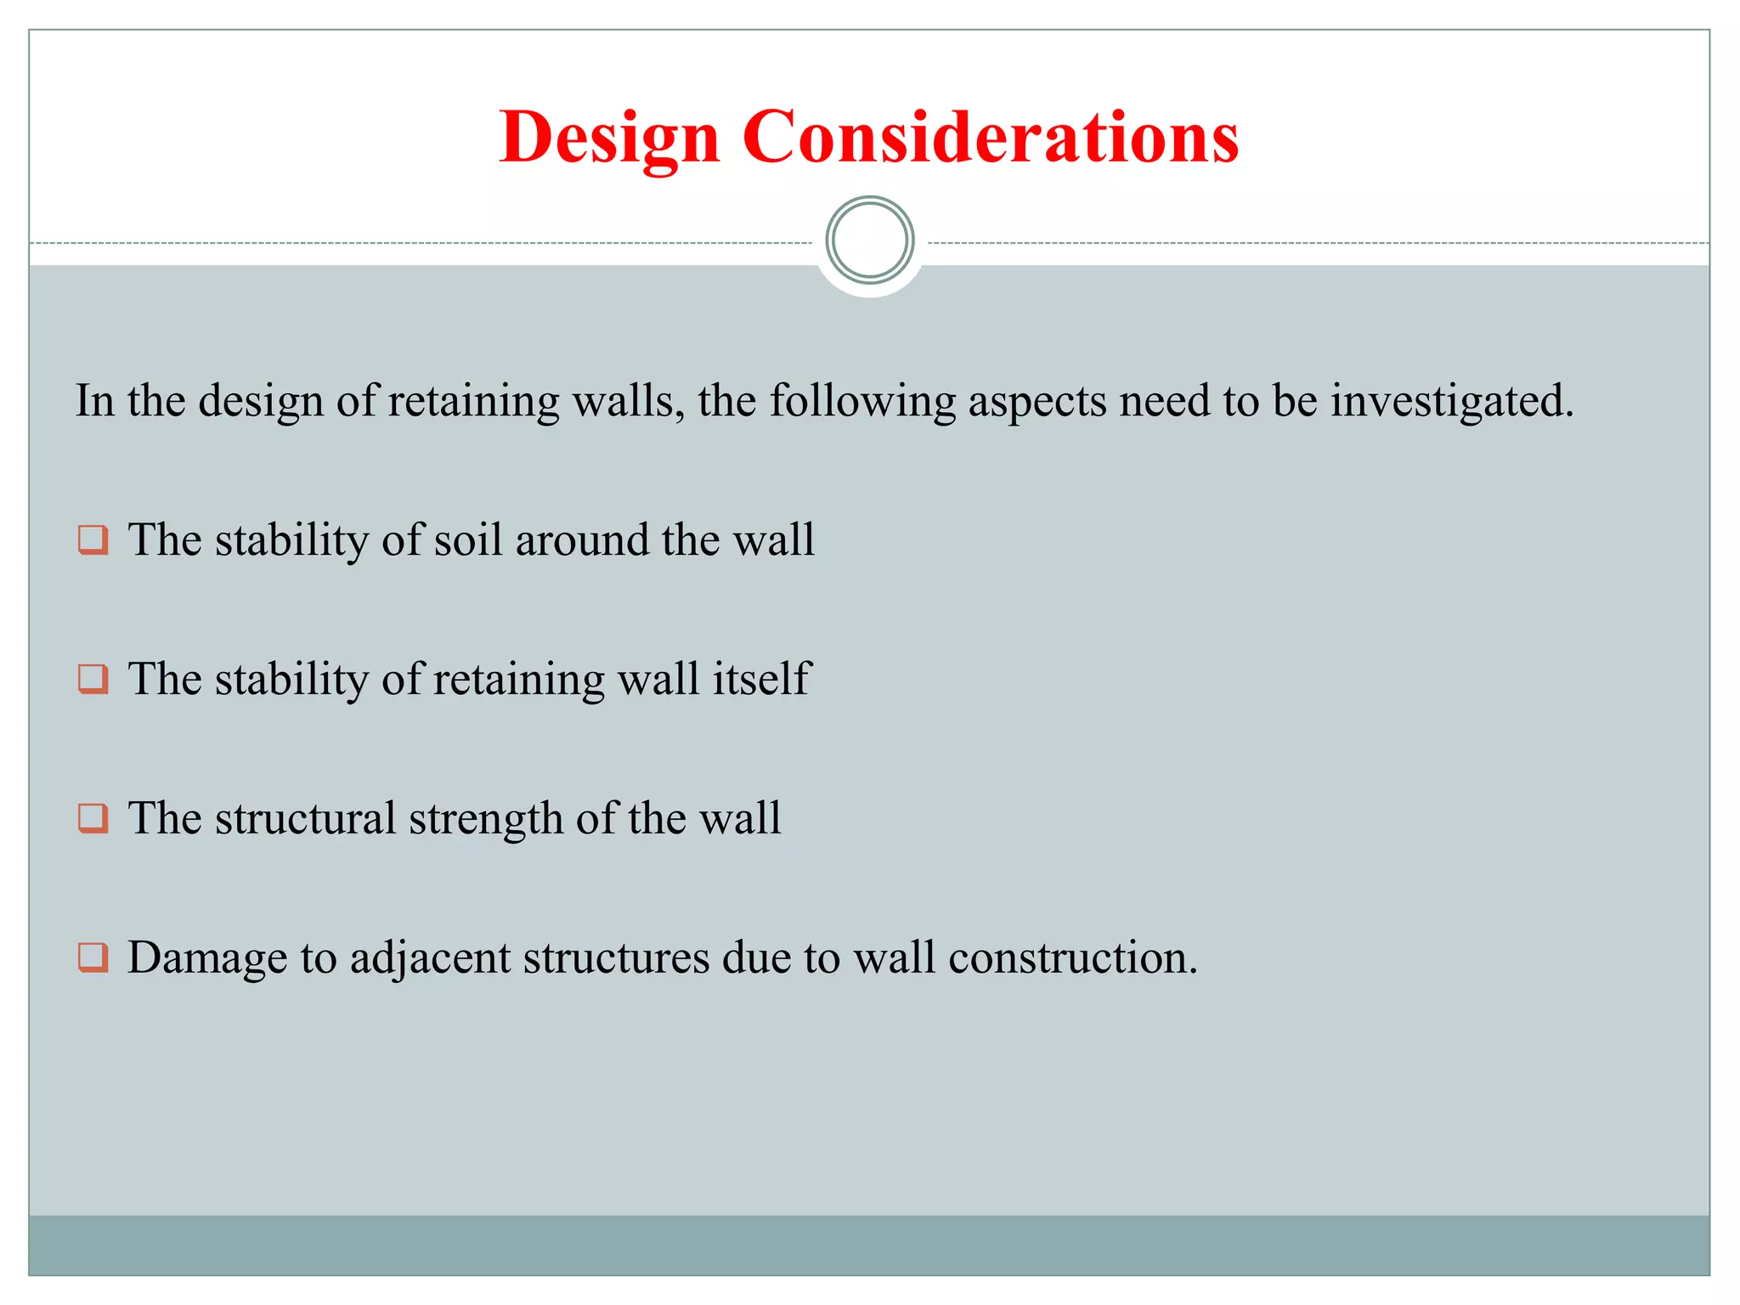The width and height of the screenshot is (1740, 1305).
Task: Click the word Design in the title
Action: click(x=609, y=138)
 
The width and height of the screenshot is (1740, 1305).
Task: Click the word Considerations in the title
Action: click(x=990, y=138)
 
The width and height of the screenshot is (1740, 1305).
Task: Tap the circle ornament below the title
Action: click(x=869, y=240)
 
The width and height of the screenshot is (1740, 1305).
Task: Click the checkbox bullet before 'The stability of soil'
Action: click(x=93, y=540)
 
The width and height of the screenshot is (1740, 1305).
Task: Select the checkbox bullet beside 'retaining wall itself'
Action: click(x=93, y=679)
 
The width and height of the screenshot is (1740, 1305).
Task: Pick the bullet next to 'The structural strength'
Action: click(x=93, y=818)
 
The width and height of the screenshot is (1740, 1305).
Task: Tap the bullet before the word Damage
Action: click(x=93, y=958)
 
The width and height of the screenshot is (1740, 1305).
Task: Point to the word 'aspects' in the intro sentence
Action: click(x=1037, y=401)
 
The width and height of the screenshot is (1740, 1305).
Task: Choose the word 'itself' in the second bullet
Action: click(x=761, y=679)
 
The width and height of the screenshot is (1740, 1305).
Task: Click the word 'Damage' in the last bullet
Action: click(x=207, y=958)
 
